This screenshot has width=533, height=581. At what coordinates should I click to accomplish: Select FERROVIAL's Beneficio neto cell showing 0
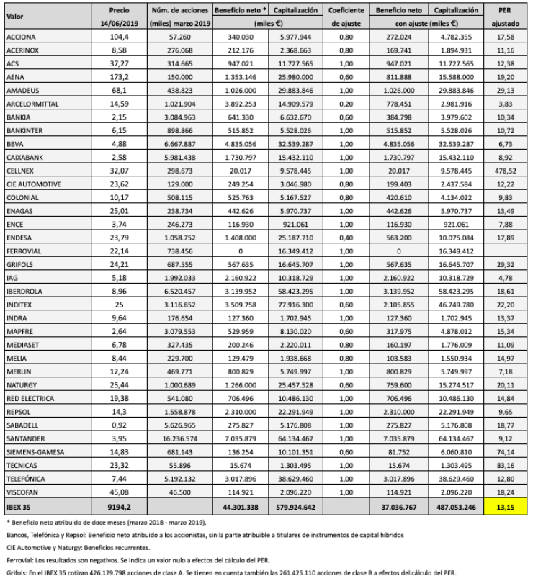[238, 271]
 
